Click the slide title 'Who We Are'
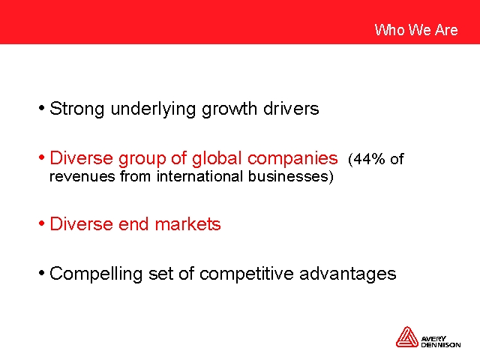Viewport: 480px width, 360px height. [x=416, y=30]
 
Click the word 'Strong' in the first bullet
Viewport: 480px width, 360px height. [x=76, y=109]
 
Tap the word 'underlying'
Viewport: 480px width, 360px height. [x=153, y=109]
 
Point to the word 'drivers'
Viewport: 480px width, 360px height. [x=291, y=108]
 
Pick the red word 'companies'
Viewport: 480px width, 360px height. [x=292, y=158]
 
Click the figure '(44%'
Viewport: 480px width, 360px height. [x=367, y=159]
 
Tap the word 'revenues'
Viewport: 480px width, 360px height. [x=82, y=177]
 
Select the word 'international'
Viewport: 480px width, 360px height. [x=200, y=176]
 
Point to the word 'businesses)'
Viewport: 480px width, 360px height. [x=291, y=177]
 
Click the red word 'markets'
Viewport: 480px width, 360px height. [x=187, y=223]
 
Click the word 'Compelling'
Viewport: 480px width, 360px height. [x=96, y=274]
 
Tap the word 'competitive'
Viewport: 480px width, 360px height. [x=247, y=274]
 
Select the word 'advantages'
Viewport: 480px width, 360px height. [x=348, y=274]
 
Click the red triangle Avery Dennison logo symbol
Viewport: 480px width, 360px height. [x=406, y=337]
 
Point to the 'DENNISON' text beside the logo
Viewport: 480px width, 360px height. [x=441, y=345]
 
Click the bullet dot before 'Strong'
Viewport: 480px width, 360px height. [x=42, y=108]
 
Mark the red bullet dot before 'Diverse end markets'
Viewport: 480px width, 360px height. [x=42, y=223]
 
